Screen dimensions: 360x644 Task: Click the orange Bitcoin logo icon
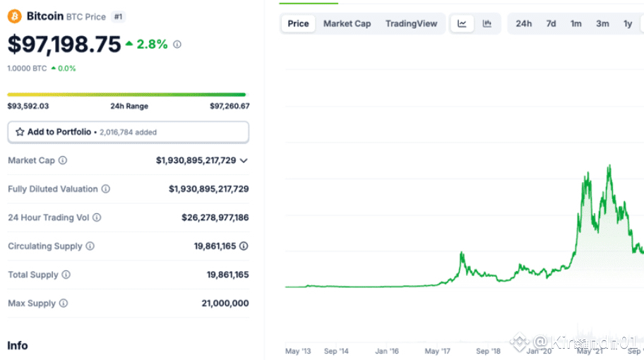[15, 16]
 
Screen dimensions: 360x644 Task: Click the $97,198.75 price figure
[64, 44]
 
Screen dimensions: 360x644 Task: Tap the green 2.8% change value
[152, 44]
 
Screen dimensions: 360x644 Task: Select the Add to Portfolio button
[128, 132]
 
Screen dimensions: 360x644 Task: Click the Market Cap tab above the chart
[347, 23]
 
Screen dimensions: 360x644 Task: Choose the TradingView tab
[411, 23]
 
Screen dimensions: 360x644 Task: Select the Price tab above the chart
[298, 23]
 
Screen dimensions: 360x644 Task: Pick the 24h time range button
[523, 23]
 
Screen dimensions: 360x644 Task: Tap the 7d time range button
[551, 23]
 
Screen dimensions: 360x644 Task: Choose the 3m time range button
[602, 23]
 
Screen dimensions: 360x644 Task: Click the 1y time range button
[628, 23]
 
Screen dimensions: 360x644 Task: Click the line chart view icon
[462, 23]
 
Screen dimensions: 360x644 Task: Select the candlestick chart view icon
[487, 23]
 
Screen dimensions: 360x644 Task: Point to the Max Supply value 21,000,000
[225, 303]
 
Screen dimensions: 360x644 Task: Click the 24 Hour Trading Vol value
[210, 217]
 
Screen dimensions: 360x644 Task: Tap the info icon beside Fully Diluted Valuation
[106, 189]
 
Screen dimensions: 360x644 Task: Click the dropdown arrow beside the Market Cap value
[244, 161]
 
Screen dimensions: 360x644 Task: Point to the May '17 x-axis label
[438, 351]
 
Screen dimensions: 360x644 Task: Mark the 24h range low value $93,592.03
[28, 106]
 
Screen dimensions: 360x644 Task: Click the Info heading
[18, 345]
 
